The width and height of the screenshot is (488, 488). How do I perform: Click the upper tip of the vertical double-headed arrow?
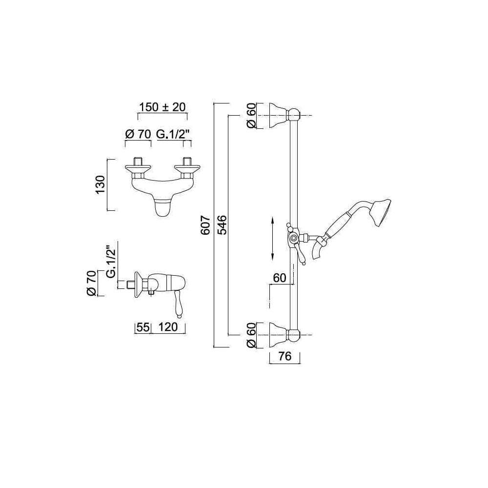coord(272,218)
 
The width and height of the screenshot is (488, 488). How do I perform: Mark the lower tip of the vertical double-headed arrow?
coord(272,260)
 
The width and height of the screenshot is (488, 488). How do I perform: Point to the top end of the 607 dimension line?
coord(214,103)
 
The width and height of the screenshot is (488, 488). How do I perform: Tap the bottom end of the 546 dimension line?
coord(228,335)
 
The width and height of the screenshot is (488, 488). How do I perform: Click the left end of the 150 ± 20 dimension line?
coord(138,114)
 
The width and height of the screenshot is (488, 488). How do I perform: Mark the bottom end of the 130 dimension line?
coord(107,210)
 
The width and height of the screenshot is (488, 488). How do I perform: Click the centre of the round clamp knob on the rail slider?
coord(292,239)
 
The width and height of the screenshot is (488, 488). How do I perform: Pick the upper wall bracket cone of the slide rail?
coord(279,116)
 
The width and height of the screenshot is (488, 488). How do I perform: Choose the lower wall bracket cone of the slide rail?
coord(279,335)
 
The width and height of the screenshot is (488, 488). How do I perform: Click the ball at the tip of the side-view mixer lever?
coord(179,316)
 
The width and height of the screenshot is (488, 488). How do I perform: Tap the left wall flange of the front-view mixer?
coord(138,169)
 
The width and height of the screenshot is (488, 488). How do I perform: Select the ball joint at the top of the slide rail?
coord(294,115)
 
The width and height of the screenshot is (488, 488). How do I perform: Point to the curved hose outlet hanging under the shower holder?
coord(318,249)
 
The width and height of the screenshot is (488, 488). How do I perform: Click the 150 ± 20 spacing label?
coord(162,107)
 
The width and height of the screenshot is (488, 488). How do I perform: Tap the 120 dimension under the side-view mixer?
coord(168,327)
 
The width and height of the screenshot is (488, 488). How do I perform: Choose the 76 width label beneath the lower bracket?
coord(285,356)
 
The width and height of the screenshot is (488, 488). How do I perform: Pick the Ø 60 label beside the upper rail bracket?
coord(251,116)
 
